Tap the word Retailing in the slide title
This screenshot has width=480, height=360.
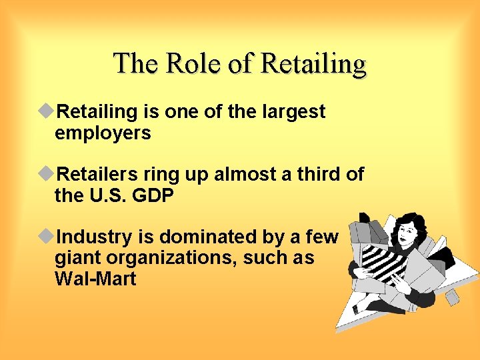(x=314, y=65)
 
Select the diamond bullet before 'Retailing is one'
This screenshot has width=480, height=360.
(x=47, y=111)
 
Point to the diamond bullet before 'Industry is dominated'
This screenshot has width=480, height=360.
(x=47, y=237)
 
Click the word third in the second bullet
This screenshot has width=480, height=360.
(x=317, y=175)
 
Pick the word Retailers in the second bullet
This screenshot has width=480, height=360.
(x=101, y=175)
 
